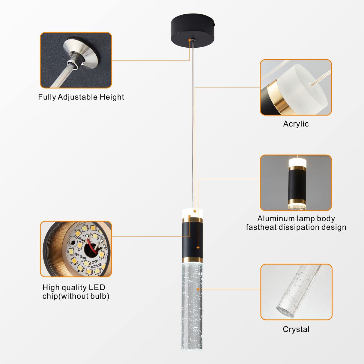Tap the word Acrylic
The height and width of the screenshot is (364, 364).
coord(296,124)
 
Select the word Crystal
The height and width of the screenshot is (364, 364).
coord(296,329)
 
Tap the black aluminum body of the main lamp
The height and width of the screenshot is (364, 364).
coord(192,240)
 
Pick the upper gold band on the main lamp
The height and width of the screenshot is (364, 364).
coord(192,220)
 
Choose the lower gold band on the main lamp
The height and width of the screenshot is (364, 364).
coord(192,260)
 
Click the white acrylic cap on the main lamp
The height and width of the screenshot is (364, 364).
coord(192,213)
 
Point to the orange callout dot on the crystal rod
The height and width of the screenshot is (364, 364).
coord(198,289)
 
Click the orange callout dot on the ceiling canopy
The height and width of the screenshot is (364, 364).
coord(189,40)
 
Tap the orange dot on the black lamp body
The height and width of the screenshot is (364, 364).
coord(198,247)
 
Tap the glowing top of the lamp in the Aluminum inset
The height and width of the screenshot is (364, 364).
coord(296,163)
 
